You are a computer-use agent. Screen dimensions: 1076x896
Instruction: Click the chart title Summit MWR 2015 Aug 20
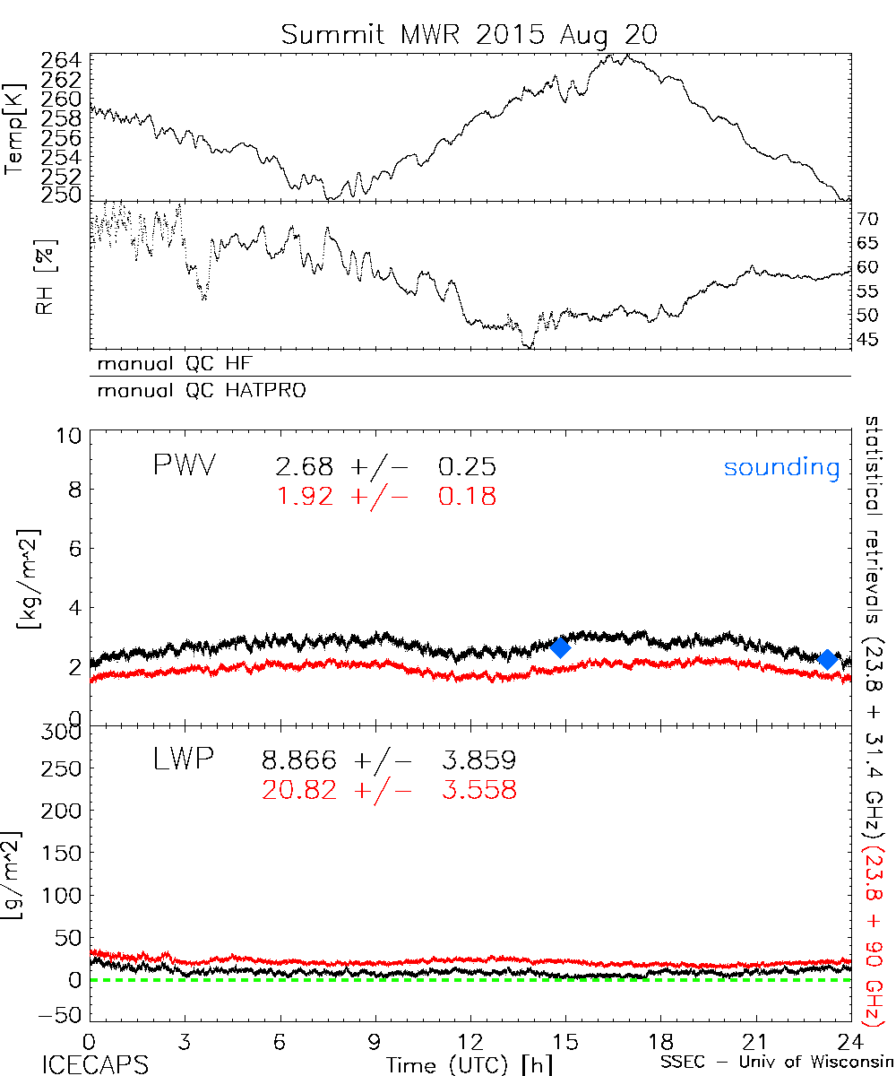coord(469,34)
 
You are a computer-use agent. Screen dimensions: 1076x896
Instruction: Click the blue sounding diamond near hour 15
coord(561,647)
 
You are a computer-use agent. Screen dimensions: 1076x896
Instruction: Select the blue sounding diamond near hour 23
coord(828,659)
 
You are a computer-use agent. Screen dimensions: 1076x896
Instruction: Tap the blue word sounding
coord(782,467)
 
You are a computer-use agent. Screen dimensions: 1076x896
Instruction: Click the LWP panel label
coord(184,760)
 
